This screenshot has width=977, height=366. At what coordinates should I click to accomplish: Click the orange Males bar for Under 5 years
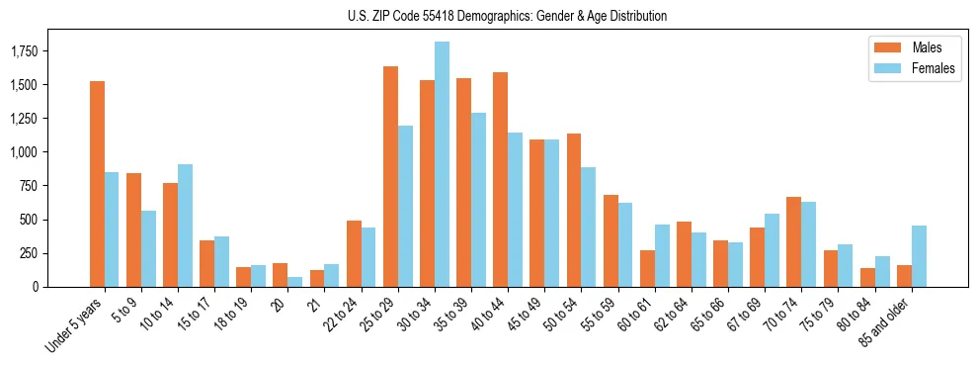point(97,184)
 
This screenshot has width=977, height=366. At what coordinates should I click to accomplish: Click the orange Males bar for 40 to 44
point(500,179)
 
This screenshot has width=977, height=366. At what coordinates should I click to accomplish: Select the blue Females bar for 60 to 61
point(662,255)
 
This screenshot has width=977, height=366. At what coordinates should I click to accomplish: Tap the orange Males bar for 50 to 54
point(574,210)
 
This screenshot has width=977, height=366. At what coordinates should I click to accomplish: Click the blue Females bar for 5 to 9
point(148,248)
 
